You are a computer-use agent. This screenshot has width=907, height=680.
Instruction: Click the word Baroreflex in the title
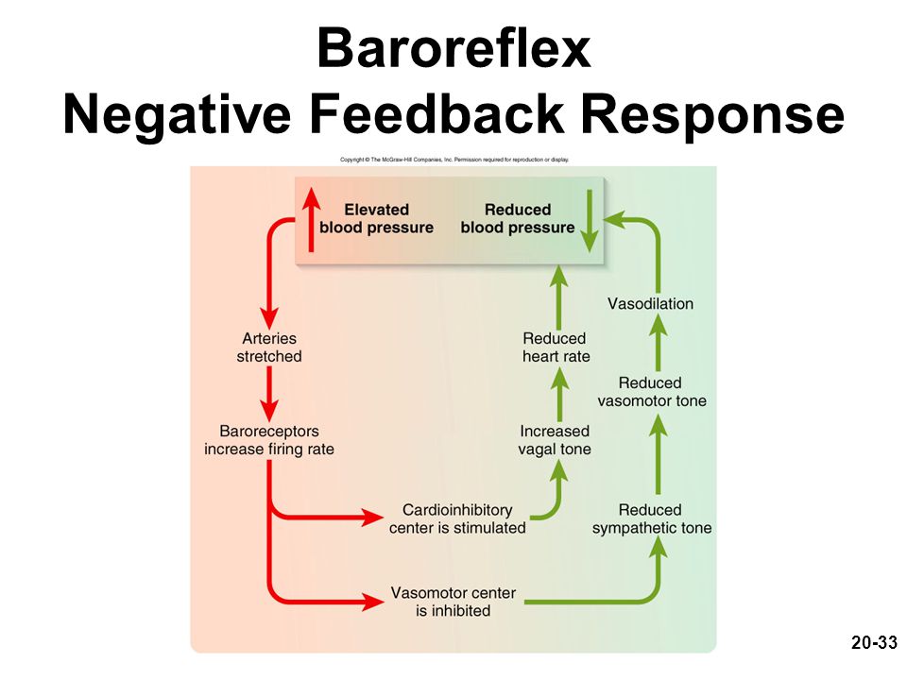453,48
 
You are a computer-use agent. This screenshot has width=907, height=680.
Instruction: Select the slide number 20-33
874,642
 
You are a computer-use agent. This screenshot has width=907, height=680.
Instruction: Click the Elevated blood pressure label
377,218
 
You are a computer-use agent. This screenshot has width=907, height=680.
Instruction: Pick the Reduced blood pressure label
518,218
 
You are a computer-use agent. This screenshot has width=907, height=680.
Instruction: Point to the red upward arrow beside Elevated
311,220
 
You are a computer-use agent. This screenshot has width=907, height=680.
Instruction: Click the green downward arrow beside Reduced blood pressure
590,221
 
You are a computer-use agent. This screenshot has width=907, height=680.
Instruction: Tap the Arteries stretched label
269,347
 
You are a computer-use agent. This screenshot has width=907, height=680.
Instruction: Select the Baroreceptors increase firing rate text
269,440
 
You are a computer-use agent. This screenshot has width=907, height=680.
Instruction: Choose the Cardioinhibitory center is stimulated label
457,518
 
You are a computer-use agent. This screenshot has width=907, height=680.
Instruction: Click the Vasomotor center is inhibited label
453,602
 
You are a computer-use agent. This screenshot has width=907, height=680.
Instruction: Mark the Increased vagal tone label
555,440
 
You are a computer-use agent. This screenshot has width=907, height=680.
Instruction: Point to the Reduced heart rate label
556,347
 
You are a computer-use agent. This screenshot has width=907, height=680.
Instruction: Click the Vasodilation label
650,303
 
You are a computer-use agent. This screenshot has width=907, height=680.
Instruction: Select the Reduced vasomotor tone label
652,391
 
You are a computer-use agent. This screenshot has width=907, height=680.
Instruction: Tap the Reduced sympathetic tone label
652,518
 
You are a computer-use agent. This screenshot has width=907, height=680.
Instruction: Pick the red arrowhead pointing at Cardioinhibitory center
372,517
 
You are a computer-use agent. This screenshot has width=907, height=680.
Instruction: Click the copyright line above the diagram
454,160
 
